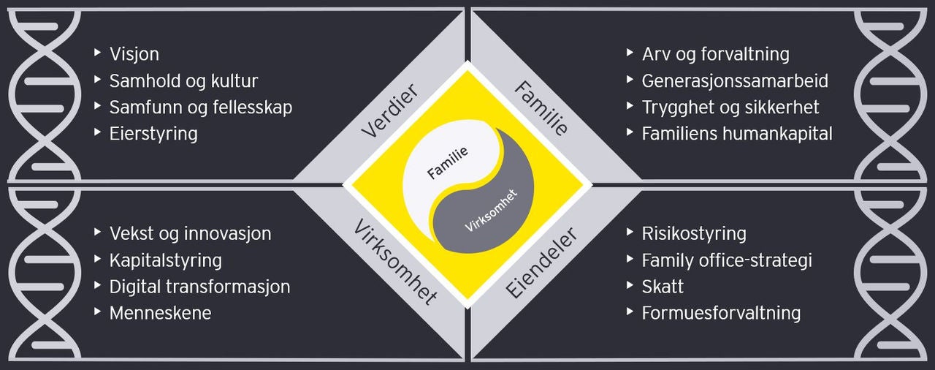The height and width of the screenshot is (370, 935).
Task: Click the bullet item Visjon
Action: coord(134,54)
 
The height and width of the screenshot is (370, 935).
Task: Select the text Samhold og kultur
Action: coord(183,80)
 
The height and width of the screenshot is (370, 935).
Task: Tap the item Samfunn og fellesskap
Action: coord(200,107)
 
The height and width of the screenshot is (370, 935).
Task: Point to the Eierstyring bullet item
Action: coord(153,133)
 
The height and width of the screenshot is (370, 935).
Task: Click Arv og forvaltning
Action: coord(715,54)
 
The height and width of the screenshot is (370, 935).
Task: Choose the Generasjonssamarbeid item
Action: coord(735,80)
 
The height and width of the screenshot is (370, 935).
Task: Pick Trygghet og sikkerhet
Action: coord(730,107)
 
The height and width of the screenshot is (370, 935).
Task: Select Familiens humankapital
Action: coord(737,133)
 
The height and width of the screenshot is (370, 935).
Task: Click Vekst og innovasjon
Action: coord(190,233)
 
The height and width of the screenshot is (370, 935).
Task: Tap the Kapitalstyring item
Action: coord(165,260)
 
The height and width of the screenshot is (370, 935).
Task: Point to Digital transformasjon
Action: coord(199,286)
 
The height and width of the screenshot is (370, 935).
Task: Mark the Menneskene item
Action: coord(160,313)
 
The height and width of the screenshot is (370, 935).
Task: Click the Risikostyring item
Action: coord(694,233)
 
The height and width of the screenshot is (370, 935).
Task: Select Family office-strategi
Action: coord(727,260)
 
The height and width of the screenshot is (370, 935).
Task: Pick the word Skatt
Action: coord(663,286)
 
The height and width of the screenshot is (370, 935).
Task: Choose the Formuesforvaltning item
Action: coord(721,313)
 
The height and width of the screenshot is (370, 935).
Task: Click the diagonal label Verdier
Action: coord(389,110)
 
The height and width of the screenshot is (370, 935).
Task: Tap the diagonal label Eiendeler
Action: coord(541,263)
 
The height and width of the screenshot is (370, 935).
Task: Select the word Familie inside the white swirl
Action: coord(447,162)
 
